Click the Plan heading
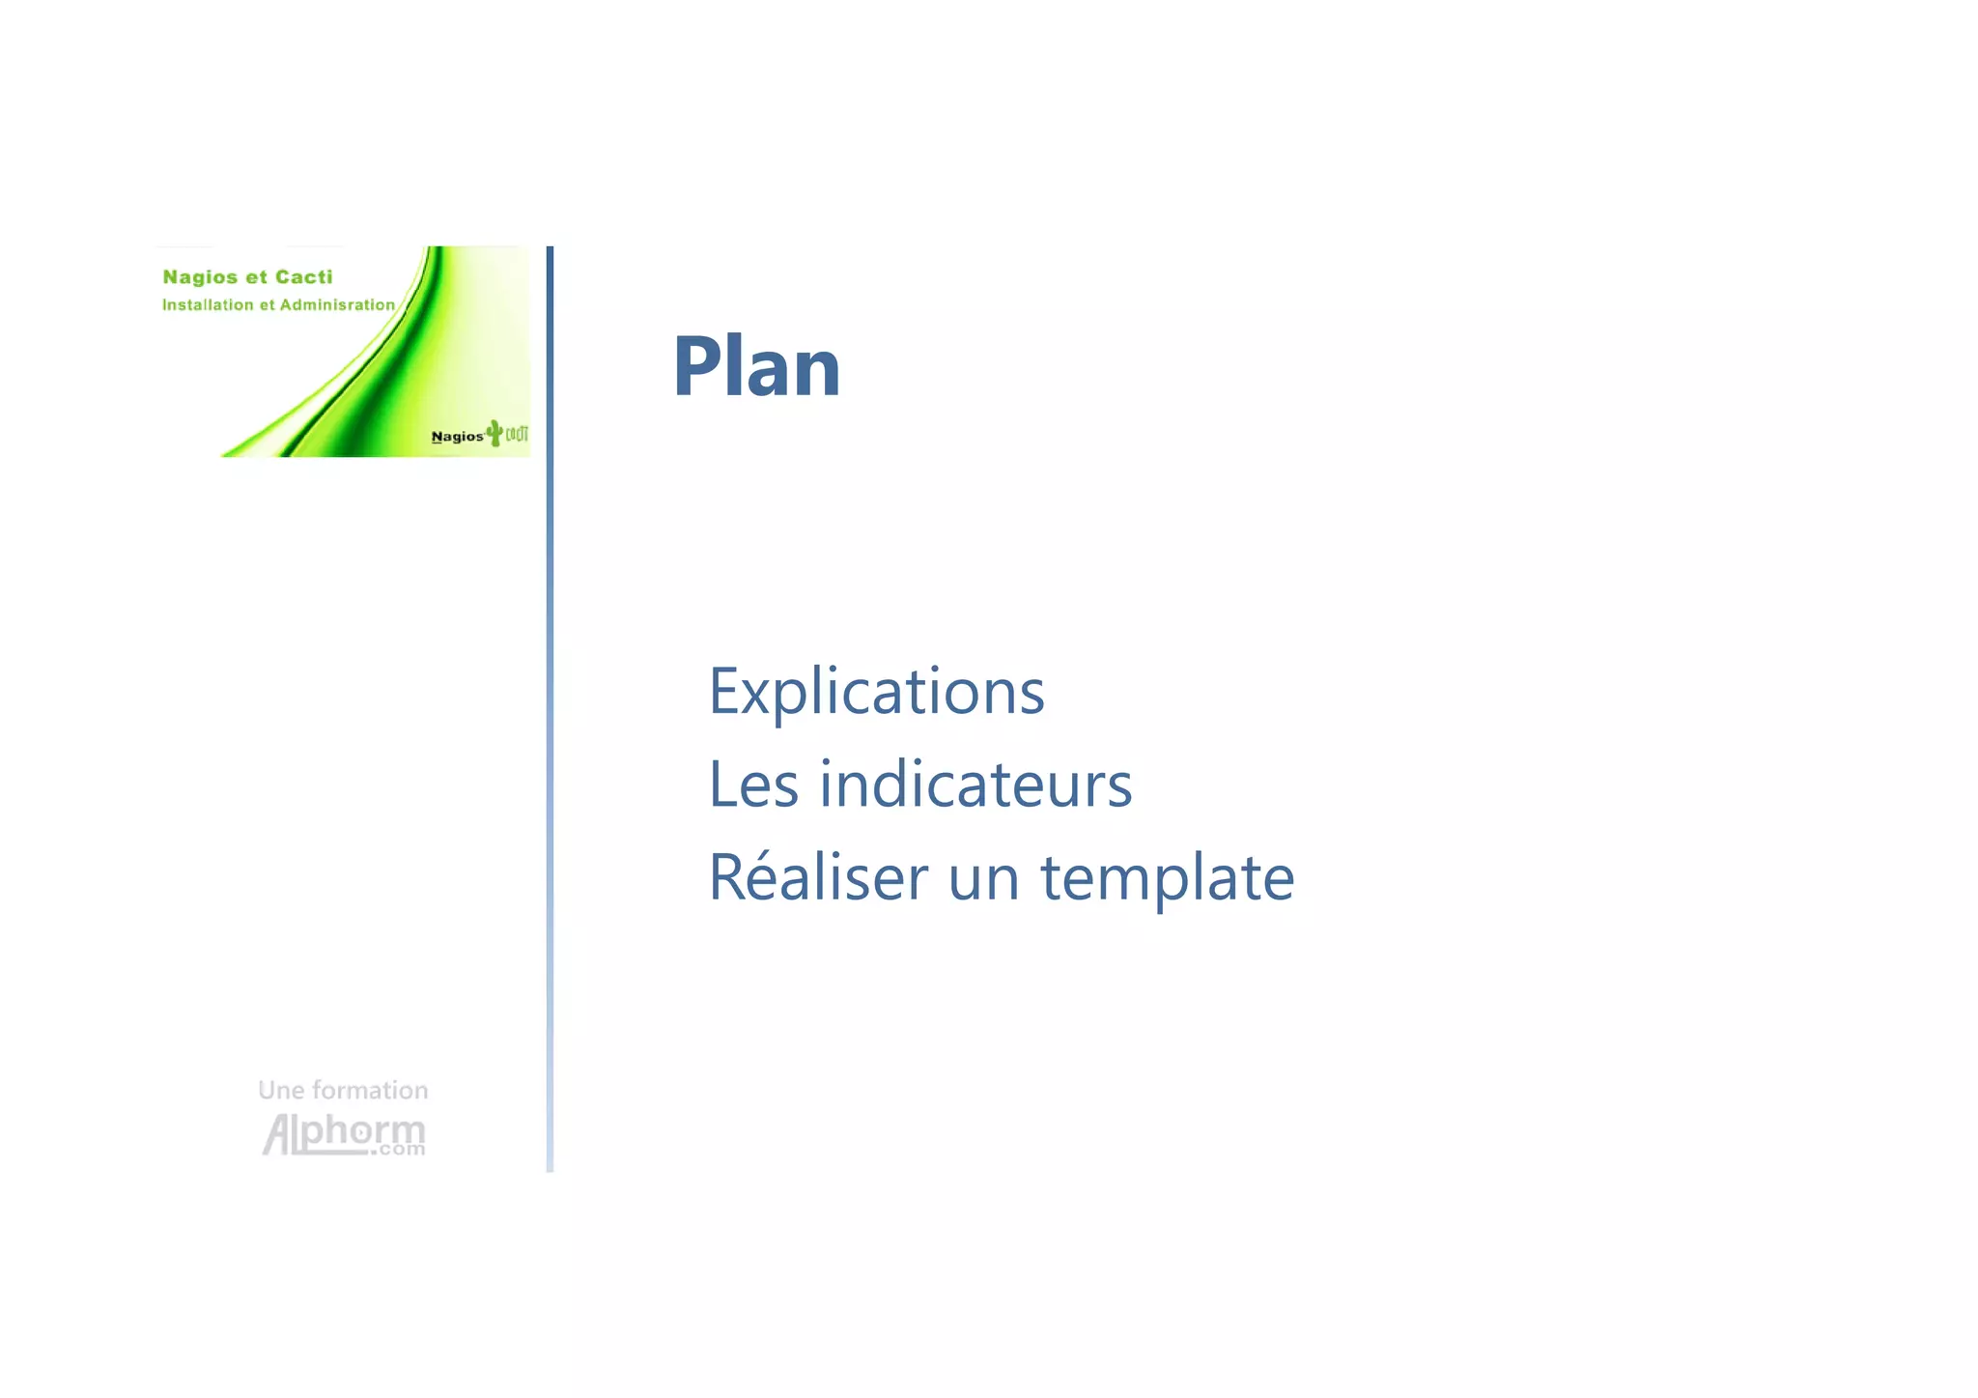[756, 367]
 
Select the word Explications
[876, 692]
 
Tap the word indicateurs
[975, 785]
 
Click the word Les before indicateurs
[753, 785]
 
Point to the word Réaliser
[817, 877]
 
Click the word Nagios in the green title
[200, 278]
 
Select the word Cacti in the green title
[303, 277]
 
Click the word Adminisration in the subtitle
[337, 305]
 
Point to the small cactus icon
[494, 433]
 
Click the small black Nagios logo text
[457, 437]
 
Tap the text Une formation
[343, 1091]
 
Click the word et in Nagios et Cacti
[256, 277]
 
